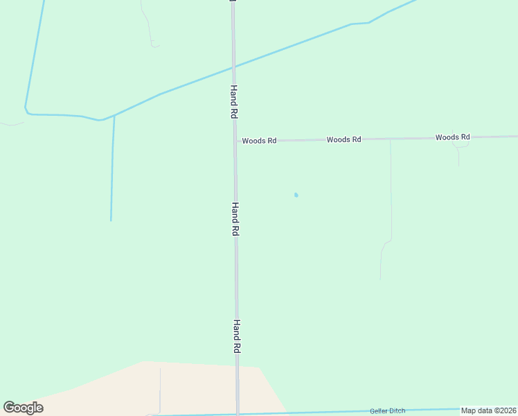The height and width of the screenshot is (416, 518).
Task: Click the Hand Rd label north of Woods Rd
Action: (x=235, y=101)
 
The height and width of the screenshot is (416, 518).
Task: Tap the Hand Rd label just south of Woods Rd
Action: (x=235, y=219)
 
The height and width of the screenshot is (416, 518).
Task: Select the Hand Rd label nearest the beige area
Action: (x=236, y=337)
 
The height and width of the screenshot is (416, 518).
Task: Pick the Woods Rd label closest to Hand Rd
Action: (x=259, y=141)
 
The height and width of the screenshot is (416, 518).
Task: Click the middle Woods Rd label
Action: (x=343, y=139)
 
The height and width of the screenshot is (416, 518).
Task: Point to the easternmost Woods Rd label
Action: (x=452, y=137)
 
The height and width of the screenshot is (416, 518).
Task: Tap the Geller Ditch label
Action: (x=387, y=411)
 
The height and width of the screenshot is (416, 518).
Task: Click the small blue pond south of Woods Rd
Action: (x=296, y=195)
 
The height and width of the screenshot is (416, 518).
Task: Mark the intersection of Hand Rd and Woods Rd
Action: (x=235, y=141)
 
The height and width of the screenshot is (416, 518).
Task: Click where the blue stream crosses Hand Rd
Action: (x=234, y=67)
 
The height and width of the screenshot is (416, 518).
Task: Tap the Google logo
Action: (x=24, y=408)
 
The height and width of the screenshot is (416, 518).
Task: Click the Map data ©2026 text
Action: (x=489, y=410)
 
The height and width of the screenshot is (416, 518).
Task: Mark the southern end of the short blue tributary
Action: (x=111, y=220)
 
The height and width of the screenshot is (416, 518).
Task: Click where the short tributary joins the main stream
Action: (x=114, y=116)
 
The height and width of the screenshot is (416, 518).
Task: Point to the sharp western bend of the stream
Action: (x=26, y=110)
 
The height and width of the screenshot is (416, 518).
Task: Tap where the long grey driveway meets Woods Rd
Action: (x=390, y=139)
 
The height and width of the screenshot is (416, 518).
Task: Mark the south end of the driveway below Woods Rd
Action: (x=380, y=279)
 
